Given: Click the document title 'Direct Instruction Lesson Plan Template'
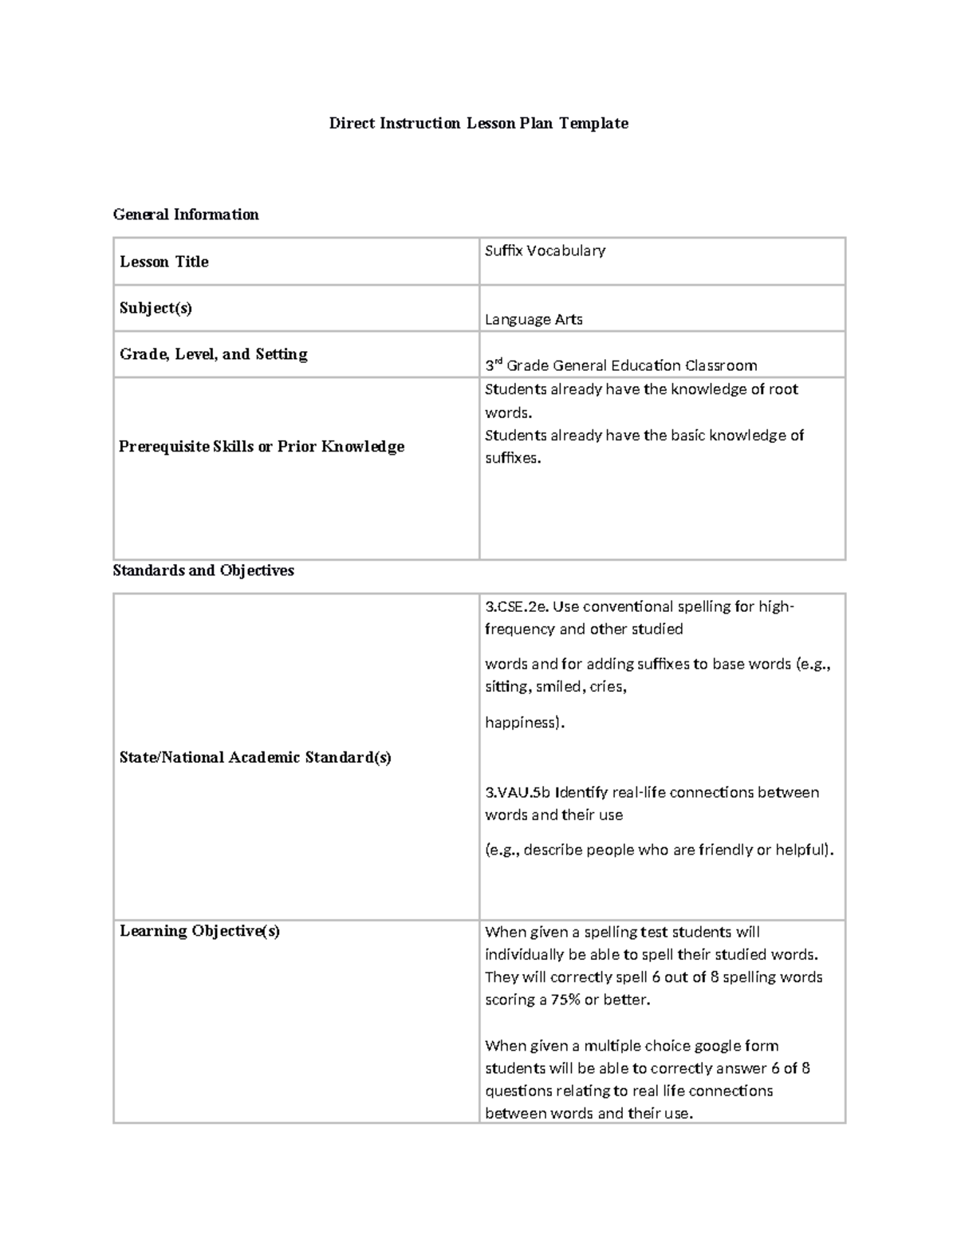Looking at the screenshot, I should click(478, 123).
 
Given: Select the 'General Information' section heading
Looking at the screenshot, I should click(186, 214).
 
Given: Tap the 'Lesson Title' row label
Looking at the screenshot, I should click(164, 262).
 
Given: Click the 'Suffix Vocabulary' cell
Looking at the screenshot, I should click(545, 251).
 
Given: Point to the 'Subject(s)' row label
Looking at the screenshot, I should click(156, 308).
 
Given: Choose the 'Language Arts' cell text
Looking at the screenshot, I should click(534, 319).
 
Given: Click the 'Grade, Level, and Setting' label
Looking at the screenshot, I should click(214, 354).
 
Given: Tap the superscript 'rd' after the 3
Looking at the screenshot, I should click(498, 362).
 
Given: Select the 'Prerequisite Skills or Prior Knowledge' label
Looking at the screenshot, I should click(262, 447).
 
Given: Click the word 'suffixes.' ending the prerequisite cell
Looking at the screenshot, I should click(513, 458).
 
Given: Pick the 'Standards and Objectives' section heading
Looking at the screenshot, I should click(203, 570).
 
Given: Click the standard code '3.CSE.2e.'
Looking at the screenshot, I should click(516, 606).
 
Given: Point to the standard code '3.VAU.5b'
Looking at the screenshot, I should click(518, 792).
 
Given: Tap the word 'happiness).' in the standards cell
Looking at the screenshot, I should click(525, 723).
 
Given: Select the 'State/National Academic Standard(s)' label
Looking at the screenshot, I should click(255, 757).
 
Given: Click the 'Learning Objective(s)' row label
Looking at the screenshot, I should click(199, 931).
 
